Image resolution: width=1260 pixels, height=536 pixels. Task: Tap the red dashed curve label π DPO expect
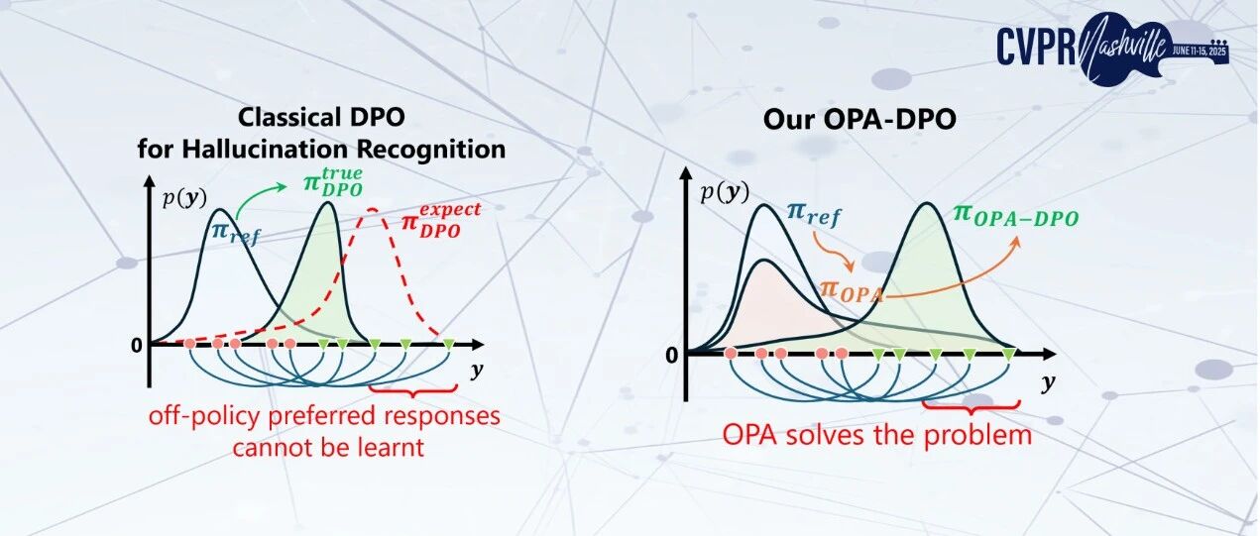tap(440, 218)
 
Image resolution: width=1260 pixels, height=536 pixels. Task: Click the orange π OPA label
tap(852, 289)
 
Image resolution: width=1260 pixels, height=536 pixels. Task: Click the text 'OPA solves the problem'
tap(876, 434)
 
